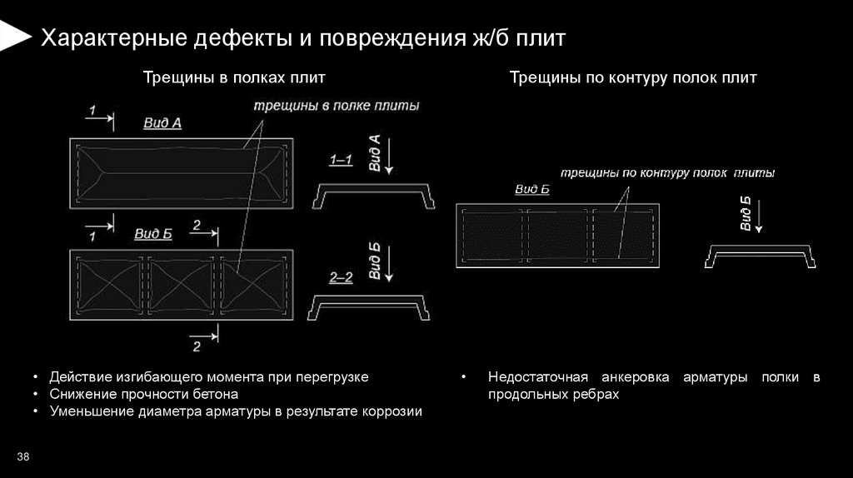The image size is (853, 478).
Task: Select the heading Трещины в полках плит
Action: (234, 78)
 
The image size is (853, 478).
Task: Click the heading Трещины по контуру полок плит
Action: (633, 78)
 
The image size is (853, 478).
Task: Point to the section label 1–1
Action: (342, 159)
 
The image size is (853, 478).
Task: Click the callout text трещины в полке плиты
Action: (337, 107)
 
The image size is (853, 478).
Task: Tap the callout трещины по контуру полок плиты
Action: (667, 174)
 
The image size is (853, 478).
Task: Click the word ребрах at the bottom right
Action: (598, 394)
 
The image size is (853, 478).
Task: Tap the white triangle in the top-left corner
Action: (12, 35)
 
